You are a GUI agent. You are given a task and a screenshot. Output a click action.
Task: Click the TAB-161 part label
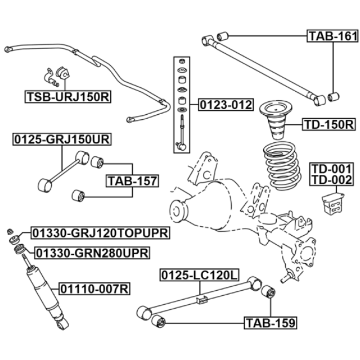[332, 36]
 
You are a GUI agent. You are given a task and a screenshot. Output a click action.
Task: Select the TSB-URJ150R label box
[68, 97]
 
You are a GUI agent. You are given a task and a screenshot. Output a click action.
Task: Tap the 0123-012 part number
[226, 105]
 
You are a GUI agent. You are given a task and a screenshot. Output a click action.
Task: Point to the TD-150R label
[329, 125]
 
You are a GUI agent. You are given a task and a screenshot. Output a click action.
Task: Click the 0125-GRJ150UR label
[62, 139]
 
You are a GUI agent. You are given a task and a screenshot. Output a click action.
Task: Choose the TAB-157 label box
[132, 181]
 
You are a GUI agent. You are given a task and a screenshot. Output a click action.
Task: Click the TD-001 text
[331, 169]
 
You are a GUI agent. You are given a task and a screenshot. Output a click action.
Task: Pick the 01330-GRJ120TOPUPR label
[100, 233]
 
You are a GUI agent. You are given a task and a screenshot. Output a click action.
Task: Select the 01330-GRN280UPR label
[92, 253]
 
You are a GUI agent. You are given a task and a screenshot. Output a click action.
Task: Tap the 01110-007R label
[94, 289]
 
